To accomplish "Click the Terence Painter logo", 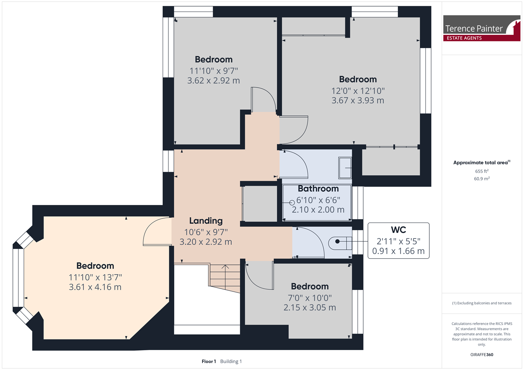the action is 482,28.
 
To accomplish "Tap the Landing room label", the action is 206,220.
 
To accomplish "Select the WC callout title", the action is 398,230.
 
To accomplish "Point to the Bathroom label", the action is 318,189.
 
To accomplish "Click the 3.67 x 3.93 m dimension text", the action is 357,100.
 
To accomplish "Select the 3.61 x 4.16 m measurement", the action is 95,287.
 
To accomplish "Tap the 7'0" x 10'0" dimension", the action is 310,298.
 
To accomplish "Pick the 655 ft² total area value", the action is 482,171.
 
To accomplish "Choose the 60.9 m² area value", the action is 482,179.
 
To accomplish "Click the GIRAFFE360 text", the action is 482,355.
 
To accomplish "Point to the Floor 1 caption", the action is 209,361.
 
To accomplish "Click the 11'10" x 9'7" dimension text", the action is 213,71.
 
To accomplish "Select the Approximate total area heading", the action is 482,162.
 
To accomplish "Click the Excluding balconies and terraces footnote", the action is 482,303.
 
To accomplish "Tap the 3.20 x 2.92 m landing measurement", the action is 206,242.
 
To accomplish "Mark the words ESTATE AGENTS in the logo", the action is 464,38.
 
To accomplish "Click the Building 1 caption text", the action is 231,361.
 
